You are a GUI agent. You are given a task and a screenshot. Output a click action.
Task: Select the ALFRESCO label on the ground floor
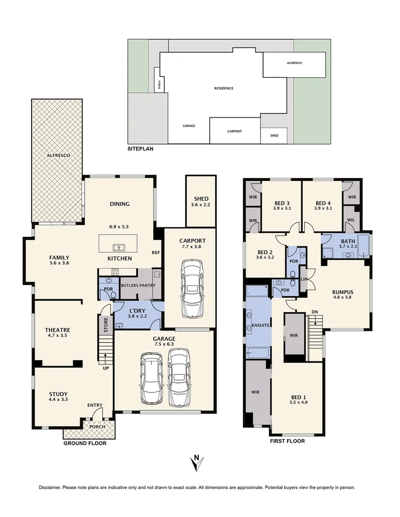[x=57, y=156]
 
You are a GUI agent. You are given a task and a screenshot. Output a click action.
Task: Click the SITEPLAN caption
[x=140, y=149]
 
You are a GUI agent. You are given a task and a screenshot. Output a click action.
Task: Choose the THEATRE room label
[x=57, y=330]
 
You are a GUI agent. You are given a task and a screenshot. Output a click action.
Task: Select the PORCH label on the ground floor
[x=97, y=427]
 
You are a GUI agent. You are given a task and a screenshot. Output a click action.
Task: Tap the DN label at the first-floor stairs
[x=314, y=312]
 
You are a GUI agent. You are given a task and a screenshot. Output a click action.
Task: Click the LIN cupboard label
[x=303, y=279]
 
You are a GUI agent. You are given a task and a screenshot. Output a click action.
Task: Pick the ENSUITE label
[x=260, y=326]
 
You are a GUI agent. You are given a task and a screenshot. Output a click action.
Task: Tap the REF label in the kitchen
[x=155, y=252]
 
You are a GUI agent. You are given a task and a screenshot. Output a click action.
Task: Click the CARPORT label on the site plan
[x=234, y=131]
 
